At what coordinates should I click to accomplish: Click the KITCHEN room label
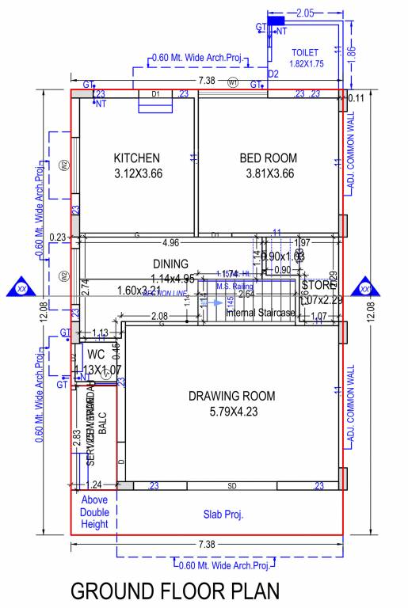[137, 158]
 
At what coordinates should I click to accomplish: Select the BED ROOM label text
[268, 158]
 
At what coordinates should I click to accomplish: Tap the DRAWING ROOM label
[231, 396]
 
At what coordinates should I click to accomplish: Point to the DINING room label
[170, 264]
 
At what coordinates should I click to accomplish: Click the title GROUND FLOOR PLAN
[175, 591]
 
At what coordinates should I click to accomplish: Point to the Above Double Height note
[94, 511]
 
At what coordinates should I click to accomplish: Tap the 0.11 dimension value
[356, 98]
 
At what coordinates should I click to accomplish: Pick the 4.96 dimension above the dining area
[170, 242]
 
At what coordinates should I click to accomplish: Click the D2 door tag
[273, 74]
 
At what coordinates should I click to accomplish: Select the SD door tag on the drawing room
[232, 485]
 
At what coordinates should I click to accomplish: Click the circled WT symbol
[233, 82]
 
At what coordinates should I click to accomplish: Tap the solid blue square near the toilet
[276, 19]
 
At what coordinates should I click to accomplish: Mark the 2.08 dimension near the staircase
[159, 317]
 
